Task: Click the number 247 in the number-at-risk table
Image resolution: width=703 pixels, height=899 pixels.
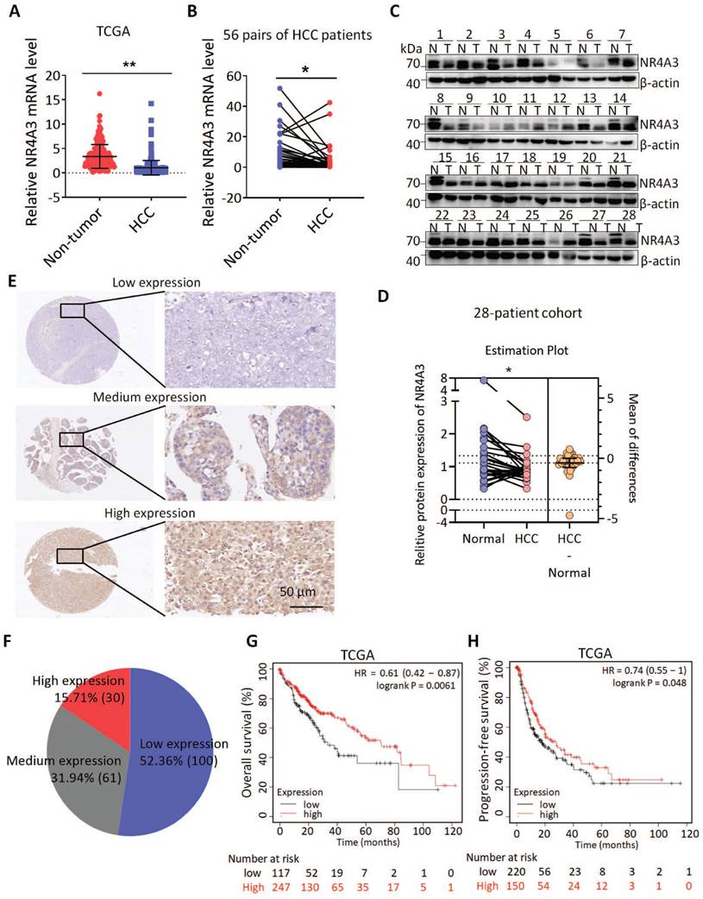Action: coord(282,888)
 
